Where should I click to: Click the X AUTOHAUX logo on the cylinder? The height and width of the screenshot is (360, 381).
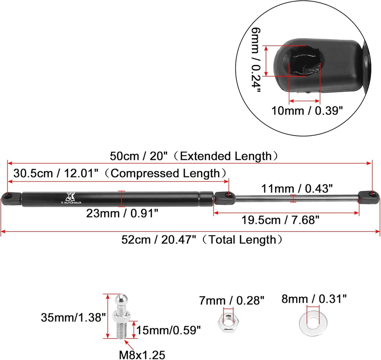click(71, 198)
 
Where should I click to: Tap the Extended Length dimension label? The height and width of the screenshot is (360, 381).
click(194, 156)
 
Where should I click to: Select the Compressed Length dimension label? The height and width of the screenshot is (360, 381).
click(120, 173)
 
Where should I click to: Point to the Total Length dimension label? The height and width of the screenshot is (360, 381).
click(202, 240)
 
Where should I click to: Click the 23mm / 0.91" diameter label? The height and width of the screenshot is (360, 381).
click(122, 213)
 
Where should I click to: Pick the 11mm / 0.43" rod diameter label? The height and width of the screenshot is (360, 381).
click(297, 189)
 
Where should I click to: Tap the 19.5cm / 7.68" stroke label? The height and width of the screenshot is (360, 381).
click(280, 220)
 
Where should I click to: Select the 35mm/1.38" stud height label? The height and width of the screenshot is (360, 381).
click(74, 317)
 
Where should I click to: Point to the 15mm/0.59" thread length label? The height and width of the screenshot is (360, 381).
click(169, 330)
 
